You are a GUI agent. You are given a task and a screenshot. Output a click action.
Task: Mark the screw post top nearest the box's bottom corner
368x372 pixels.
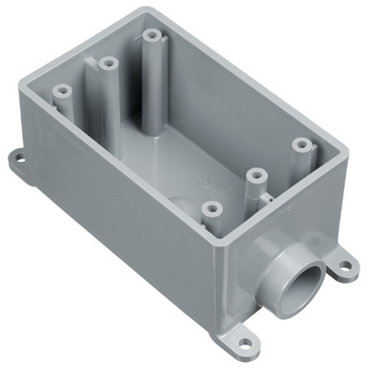point(212,208)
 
